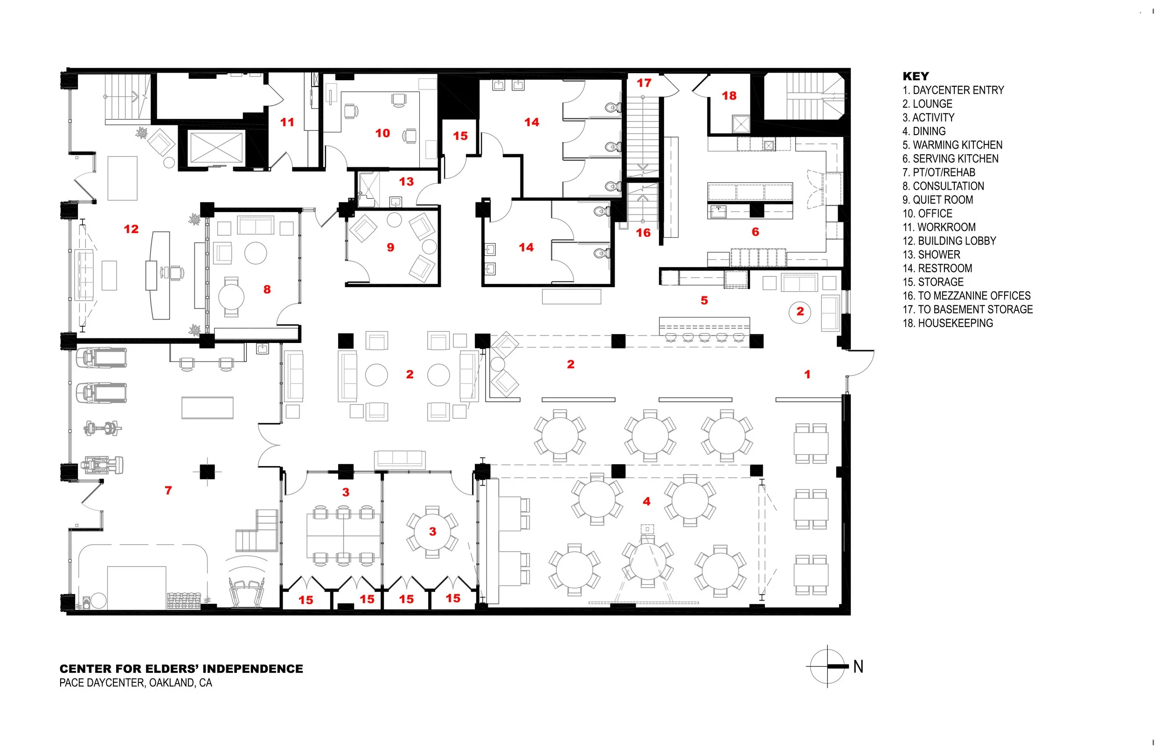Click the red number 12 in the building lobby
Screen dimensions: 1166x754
[x=131, y=229]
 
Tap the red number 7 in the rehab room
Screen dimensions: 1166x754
[x=168, y=490]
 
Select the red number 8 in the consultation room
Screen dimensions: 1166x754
[x=267, y=289]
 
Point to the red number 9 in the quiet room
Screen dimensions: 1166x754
[x=390, y=247]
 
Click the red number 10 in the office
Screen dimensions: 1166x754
[x=382, y=133]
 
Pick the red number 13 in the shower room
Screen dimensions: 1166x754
[x=406, y=182]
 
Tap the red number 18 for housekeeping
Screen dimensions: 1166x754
[x=729, y=96]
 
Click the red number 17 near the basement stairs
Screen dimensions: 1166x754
[x=644, y=83]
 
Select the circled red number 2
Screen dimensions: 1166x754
[x=800, y=311]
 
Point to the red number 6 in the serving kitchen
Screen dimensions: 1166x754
[x=756, y=232]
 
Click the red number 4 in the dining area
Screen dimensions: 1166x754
[x=647, y=501]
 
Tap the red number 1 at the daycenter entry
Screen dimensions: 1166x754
[x=807, y=375]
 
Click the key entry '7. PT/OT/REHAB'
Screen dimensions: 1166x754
[x=939, y=172]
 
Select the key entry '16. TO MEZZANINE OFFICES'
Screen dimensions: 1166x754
[x=966, y=296]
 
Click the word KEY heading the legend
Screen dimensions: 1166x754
[x=916, y=76]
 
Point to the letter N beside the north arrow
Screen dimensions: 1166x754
[x=858, y=666]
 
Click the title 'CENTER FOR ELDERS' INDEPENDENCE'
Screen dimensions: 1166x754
[x=181, y=669]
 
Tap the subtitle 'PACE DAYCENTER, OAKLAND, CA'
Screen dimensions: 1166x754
[x=136, y=683]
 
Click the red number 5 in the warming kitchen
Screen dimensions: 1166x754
[x=704, y=301]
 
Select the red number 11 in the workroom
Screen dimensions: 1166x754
[x=287, y=122]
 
